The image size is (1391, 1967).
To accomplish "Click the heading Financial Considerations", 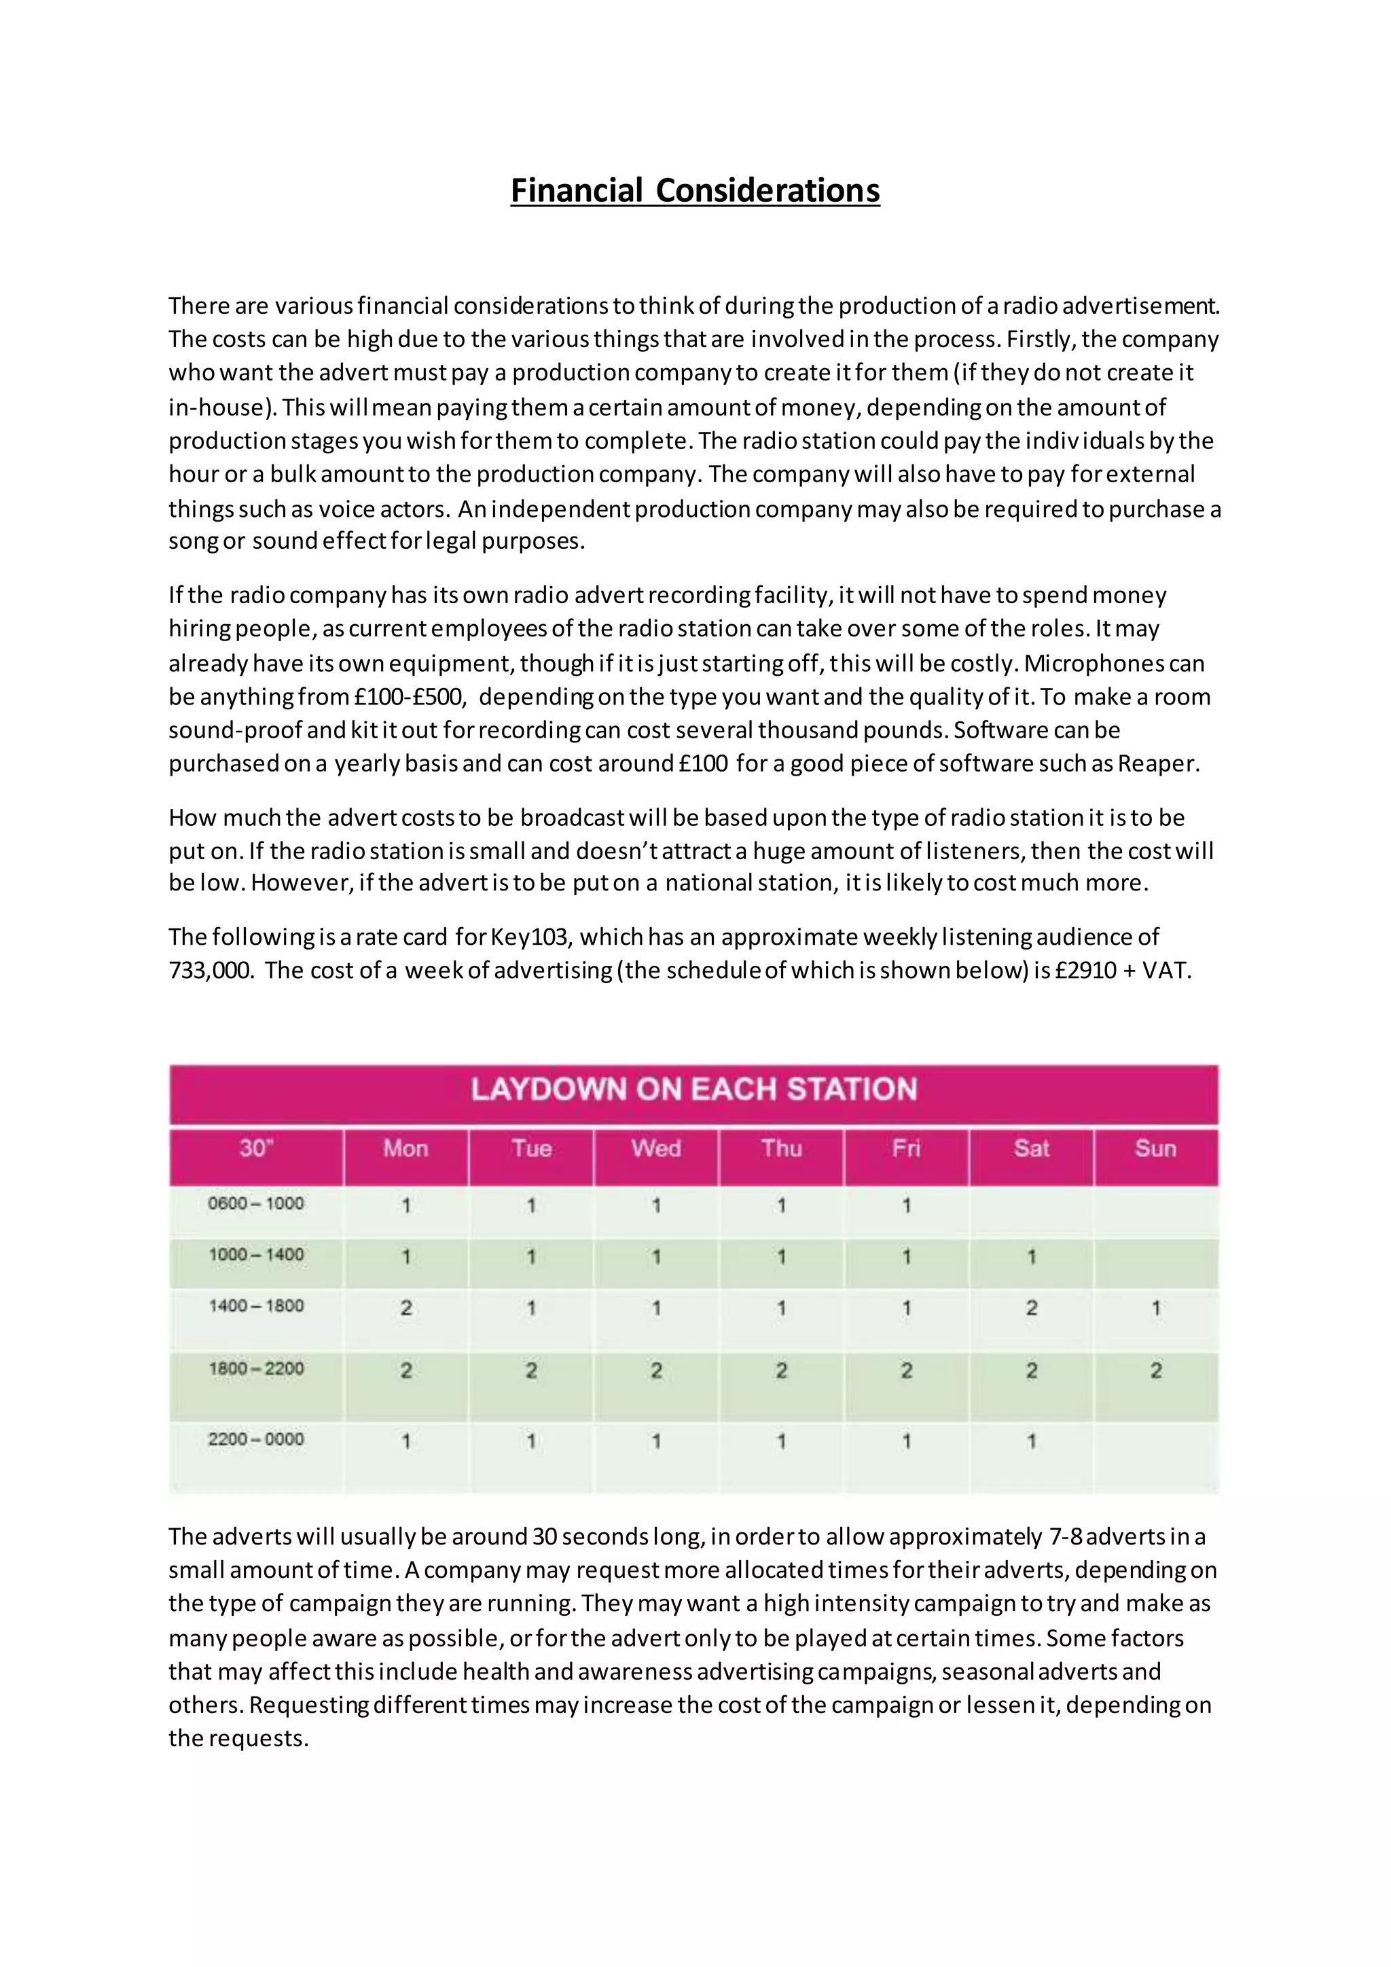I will point(695,190).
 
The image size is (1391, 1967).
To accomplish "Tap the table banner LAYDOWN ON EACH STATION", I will point(693,1089).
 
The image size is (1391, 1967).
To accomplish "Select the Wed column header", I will point(656,1149).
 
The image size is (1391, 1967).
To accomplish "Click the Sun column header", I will point(1155,1149).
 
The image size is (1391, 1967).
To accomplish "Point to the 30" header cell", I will point(256,1149).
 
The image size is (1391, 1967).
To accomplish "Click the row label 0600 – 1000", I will point(256,1204).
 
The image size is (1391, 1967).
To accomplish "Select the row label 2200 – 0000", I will point(256,1439).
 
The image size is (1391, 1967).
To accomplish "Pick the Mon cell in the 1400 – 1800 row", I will point(406,1308).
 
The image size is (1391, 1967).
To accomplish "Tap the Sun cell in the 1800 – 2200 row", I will point(1155,1371).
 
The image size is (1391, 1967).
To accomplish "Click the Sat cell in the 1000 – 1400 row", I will point(1031,1257).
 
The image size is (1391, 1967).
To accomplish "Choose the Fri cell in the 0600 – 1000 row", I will point(906,1206).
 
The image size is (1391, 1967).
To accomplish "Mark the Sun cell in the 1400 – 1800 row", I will point(1155,1308).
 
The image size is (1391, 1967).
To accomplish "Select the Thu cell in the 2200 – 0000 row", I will point(781,1442).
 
